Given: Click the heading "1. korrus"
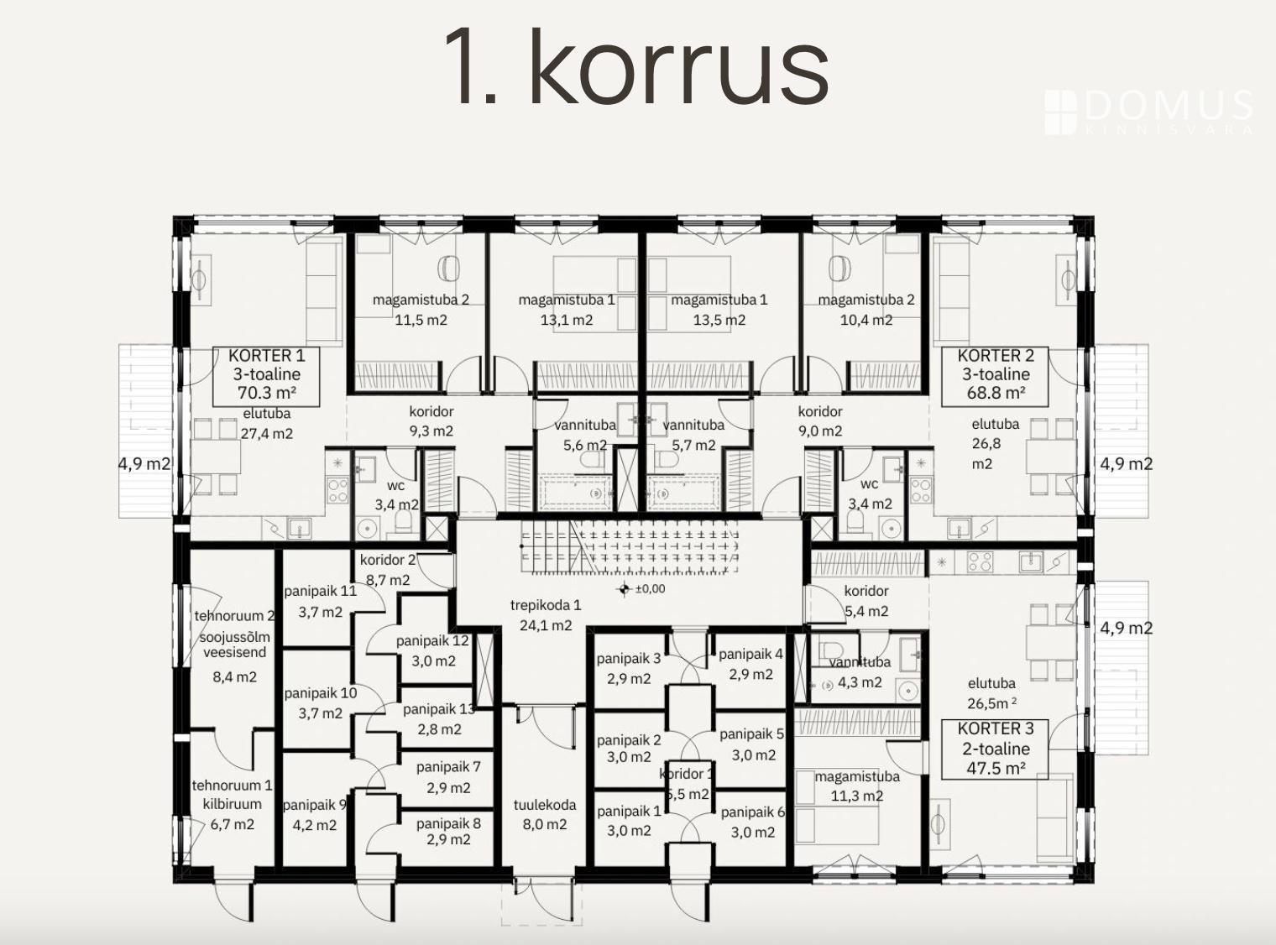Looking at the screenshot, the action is pyautogui.click(x=635, y=66).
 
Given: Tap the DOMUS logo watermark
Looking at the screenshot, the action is pyautogui.click(x=1149, y=112).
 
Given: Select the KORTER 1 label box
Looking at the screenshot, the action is pyautogui.click(x=266, y=376).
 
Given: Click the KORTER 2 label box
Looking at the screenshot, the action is pyautogui.click(x=996, y=376).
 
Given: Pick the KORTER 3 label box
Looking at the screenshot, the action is pyautogui.click(x=996, y=749).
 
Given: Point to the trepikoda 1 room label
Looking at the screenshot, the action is pyautogui.click(x=546, y=615).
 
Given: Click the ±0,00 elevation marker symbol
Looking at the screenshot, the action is pyautogui.click(x=624, y=589).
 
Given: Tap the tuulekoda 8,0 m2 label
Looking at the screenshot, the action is pyautogui.click(x=545, y=814).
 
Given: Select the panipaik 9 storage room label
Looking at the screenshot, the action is pyautogui.click(x=315, y=815).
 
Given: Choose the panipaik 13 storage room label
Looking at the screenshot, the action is pyautogui.click(x=440, y=719).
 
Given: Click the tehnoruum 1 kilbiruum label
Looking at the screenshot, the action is pyautogui.click(x=232, y=804).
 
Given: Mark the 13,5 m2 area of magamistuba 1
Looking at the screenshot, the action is pyautogui.click(x=719, y=320).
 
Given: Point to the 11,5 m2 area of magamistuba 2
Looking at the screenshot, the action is pyautogui.click(x=421, y=320).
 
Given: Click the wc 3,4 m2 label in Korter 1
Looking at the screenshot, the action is pyautogui.click(x=396, y=494).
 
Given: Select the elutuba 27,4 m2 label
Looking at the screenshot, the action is pyautogui.click(x=266, y=423).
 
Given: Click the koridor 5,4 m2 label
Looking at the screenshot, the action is pyautogui.click(x=866, y=601).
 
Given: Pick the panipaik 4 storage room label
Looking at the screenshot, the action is pyautogui.click(x=750, y=664).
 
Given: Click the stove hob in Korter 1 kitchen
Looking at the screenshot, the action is pyautogui.click(x=337, y=490).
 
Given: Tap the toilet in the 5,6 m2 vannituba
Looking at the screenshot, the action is pyautogui.click(x=591, y=460).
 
